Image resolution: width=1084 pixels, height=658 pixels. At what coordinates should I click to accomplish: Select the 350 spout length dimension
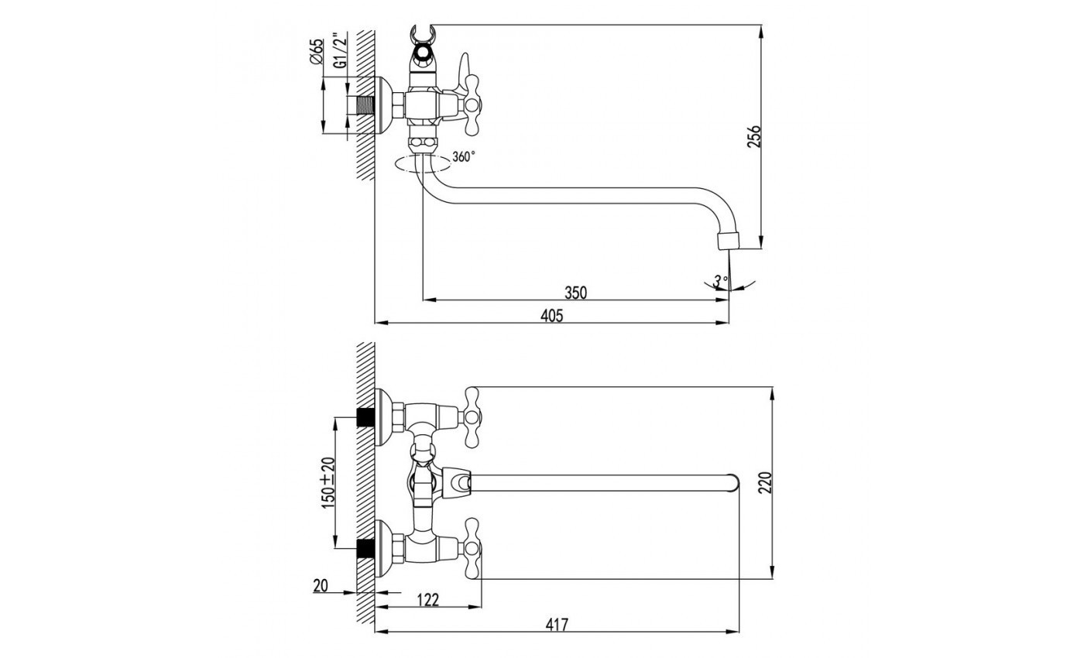[x=575, y=292]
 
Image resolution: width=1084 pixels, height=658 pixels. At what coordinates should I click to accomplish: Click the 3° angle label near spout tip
[x=722, y=280]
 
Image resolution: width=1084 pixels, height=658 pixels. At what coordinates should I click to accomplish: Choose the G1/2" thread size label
[x=338, y=51]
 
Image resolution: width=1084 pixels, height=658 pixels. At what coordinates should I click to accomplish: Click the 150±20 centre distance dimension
[x=328, y=482]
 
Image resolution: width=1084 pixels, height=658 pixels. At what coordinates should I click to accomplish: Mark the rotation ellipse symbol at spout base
[x=422, y=163]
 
